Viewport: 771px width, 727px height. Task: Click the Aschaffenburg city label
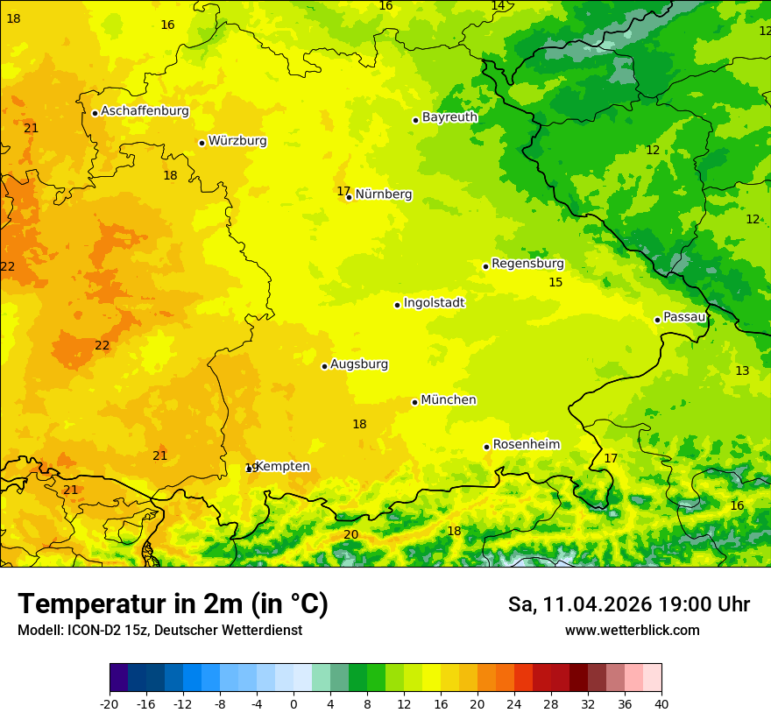[145, 111]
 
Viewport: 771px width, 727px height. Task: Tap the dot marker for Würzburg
[202, 143]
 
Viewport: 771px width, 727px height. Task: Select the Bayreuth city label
[449, 117]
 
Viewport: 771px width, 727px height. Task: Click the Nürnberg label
[383, 194]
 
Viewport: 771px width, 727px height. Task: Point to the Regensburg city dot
[485, 266]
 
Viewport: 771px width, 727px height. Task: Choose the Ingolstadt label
[434, 303]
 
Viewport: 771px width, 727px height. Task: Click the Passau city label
[684, 317]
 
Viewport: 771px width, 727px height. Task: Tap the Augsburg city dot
[324, 366]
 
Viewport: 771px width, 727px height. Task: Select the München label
[449, 400]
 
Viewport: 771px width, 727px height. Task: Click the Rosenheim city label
[526, 445]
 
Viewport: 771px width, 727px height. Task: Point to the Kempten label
[282, 467]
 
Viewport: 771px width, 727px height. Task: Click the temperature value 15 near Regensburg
[555, 282]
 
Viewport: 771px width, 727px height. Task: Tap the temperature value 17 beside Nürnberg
[343, 191]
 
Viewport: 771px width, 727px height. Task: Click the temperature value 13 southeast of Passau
[742, 371]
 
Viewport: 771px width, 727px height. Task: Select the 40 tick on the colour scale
[661, 703]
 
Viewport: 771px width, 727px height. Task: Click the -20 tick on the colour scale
[110, 703]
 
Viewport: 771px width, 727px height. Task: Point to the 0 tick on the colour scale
[294, 703]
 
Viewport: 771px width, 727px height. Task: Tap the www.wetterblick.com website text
[632, 631]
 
